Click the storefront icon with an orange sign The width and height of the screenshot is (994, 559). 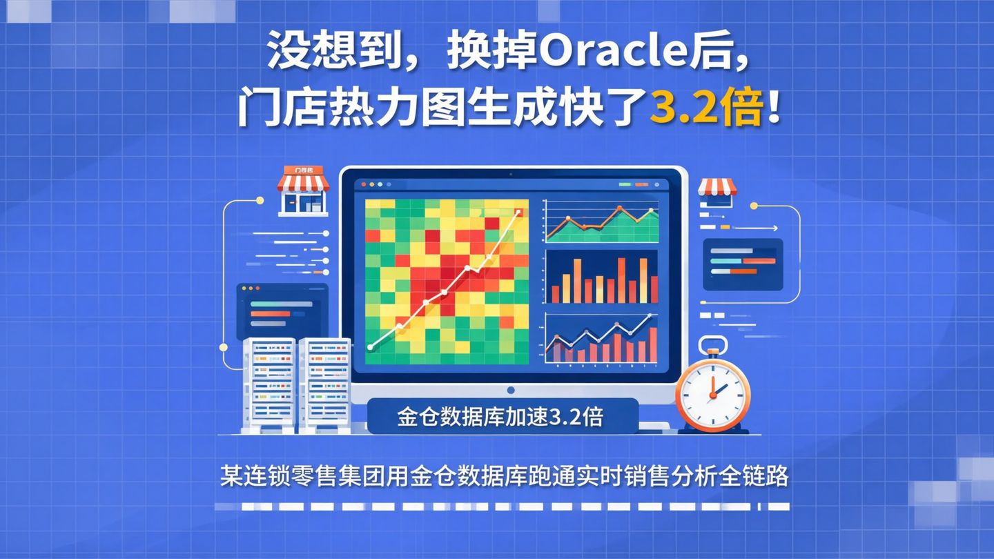303,190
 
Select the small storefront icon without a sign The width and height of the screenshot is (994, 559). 717,192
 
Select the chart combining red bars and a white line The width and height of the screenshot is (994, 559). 601,340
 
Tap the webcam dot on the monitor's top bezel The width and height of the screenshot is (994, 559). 511,173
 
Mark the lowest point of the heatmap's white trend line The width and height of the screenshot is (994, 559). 371,347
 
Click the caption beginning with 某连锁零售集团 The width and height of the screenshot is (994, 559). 504,476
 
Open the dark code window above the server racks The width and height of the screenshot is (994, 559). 282,311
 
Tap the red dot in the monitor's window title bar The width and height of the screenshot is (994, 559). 364,185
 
